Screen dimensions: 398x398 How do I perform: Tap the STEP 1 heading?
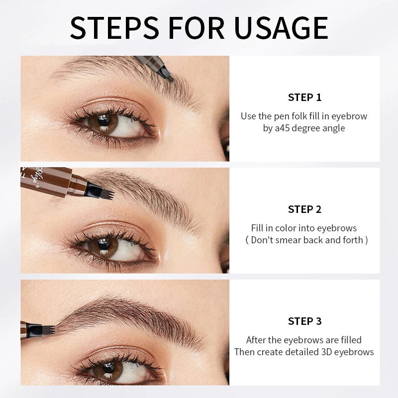click(x=304, y=97)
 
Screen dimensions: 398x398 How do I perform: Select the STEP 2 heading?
click(x=304, y=209)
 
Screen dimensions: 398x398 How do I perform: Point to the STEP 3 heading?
click(x=304, y=321)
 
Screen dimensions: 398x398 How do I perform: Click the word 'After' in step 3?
click(x=258, y=340)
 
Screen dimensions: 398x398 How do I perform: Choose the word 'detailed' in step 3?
click(x=305, y=352)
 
